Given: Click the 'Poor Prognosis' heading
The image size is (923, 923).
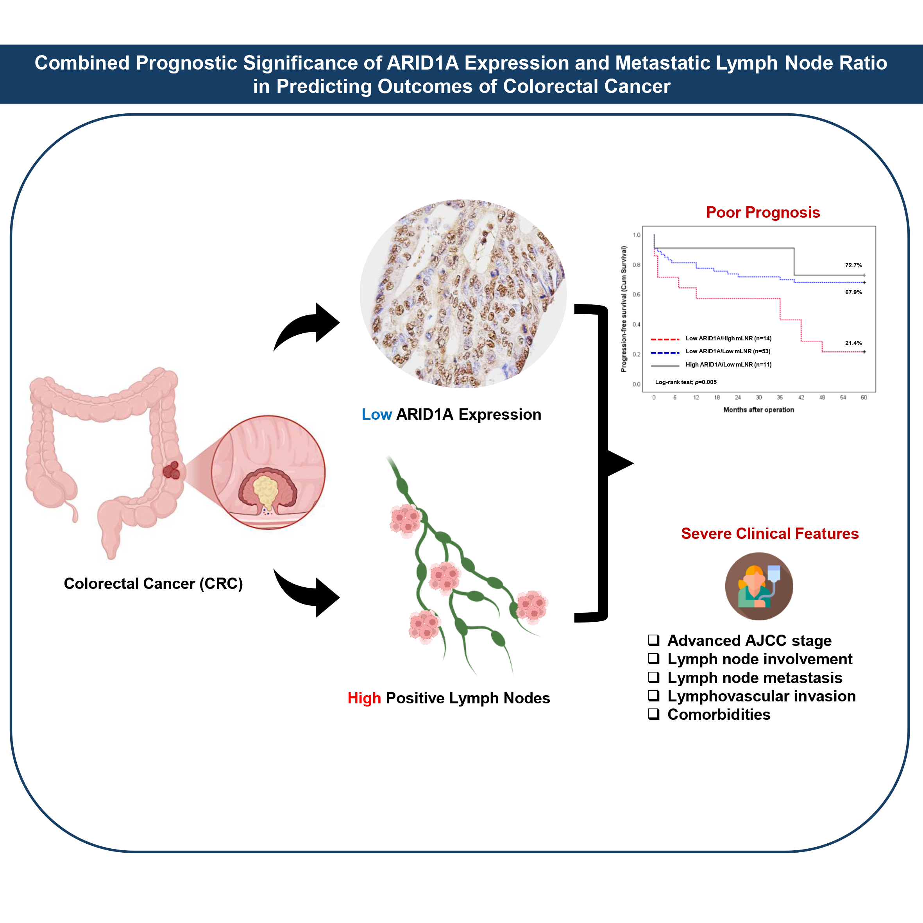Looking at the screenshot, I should [x=763, y=213].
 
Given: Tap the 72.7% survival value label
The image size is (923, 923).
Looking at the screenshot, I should [x=853, y=265].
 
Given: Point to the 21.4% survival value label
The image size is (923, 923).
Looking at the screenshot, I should [x=853, y=343].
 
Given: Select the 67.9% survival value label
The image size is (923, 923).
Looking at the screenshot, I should [x=853, y=292].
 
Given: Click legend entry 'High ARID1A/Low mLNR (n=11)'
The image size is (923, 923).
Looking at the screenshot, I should [x=728, y=365].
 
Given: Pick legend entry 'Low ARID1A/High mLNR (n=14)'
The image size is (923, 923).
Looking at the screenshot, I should [x=728, y=339].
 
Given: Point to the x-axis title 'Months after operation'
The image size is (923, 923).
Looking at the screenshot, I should [x=758, y=410].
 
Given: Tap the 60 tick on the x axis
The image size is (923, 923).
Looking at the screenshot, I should [x=864, y=397].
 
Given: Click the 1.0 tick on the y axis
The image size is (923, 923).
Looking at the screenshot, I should [x=636, y=235].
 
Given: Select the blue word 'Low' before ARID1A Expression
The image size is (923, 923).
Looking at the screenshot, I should [x=376, y=415].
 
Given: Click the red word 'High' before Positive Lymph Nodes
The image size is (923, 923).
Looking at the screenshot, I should [x=364, y=698].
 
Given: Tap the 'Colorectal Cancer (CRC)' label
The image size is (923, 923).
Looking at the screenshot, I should [x=153, y=584].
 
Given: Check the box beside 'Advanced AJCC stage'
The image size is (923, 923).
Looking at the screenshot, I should [x=653, y=640].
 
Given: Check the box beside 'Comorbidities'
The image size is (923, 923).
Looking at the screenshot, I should [x=653, y=714].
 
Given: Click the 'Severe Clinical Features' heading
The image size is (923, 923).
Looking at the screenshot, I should [x=770, y=534].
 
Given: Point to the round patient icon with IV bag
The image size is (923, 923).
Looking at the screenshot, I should [x=759, y=586].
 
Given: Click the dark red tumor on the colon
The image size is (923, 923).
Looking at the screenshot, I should [x=172, y=470].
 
